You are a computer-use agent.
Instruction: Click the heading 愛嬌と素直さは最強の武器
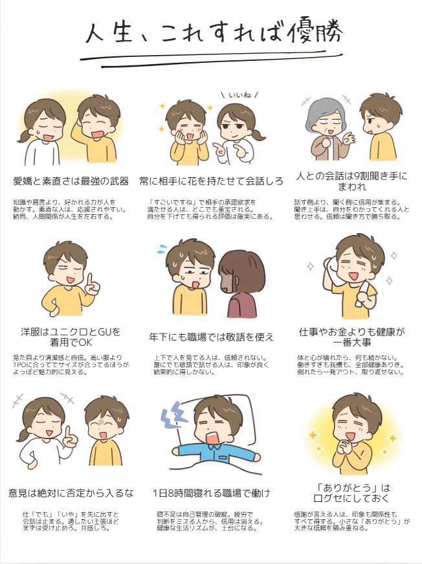71,181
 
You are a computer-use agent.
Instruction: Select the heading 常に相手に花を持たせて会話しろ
212,181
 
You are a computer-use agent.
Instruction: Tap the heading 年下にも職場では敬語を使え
212,337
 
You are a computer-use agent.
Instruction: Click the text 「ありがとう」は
352,488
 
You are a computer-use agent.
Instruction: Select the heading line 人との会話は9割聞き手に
352,176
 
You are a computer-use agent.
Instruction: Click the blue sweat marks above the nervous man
162,248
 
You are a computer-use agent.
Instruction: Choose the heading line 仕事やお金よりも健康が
352,332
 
